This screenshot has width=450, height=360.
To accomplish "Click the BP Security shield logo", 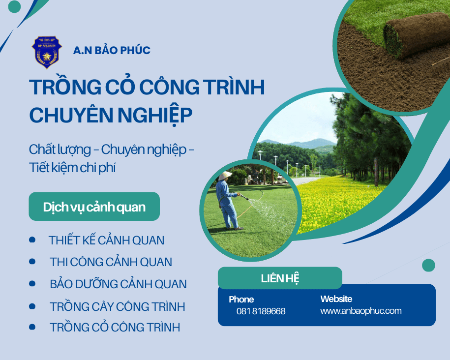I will click(x=47, y=51).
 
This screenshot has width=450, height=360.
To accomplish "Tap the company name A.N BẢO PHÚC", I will click(x=112, y=50).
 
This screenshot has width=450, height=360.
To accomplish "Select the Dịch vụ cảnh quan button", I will click(x=94, y=207).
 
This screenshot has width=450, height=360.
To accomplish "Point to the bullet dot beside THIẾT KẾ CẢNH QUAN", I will click(x=32, y=240).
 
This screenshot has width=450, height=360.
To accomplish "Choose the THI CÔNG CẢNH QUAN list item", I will click(x=111, y=262).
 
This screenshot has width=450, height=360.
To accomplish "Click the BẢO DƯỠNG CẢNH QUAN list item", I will click(x=118, y=284).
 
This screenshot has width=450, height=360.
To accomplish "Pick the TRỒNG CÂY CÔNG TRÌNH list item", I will click(x=117, y=307).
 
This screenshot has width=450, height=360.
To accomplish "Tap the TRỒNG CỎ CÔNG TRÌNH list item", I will click(x=115, y=327).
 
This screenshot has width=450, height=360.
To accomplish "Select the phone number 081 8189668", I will click(x=261, y=311).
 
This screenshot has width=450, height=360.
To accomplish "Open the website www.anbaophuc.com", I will click(x=360, y=311).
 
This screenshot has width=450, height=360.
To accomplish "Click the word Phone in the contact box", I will click(x=241, y=299).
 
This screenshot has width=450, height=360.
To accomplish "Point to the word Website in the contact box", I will click(x=336, y=299).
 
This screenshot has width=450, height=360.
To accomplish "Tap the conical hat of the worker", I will click(x=225, y=175).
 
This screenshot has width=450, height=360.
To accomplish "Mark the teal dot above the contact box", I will click(x=428, y=266).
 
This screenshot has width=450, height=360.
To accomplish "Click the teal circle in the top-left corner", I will click(x=15, y=6).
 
